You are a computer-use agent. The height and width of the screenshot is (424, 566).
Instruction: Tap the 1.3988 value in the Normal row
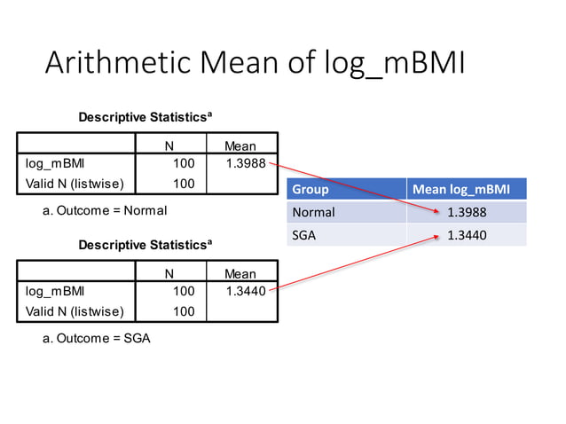[x=467, y=213]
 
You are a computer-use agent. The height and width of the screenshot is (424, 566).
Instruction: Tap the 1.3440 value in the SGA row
[x=467, y=235]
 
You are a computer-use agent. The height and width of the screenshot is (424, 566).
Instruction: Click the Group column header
[x=311, y=189]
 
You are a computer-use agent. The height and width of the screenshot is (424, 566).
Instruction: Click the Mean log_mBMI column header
[x=460, y=189]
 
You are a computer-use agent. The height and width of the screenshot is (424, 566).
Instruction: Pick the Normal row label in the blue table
[x=314, y=213]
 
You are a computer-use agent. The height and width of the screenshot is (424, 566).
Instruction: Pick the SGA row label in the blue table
[x=304, y=235]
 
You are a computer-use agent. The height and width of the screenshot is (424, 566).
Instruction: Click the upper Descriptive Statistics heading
[x=145, y=117]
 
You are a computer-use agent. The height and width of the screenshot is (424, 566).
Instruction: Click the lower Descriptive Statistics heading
[x=145, y=244]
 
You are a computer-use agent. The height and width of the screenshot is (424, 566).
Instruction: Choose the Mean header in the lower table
[x=240, y=274]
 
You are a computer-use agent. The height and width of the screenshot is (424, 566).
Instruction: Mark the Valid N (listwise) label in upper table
[x=75, y=184]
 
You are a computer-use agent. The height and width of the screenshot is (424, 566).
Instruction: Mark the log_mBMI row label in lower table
[x=54, y=291]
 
